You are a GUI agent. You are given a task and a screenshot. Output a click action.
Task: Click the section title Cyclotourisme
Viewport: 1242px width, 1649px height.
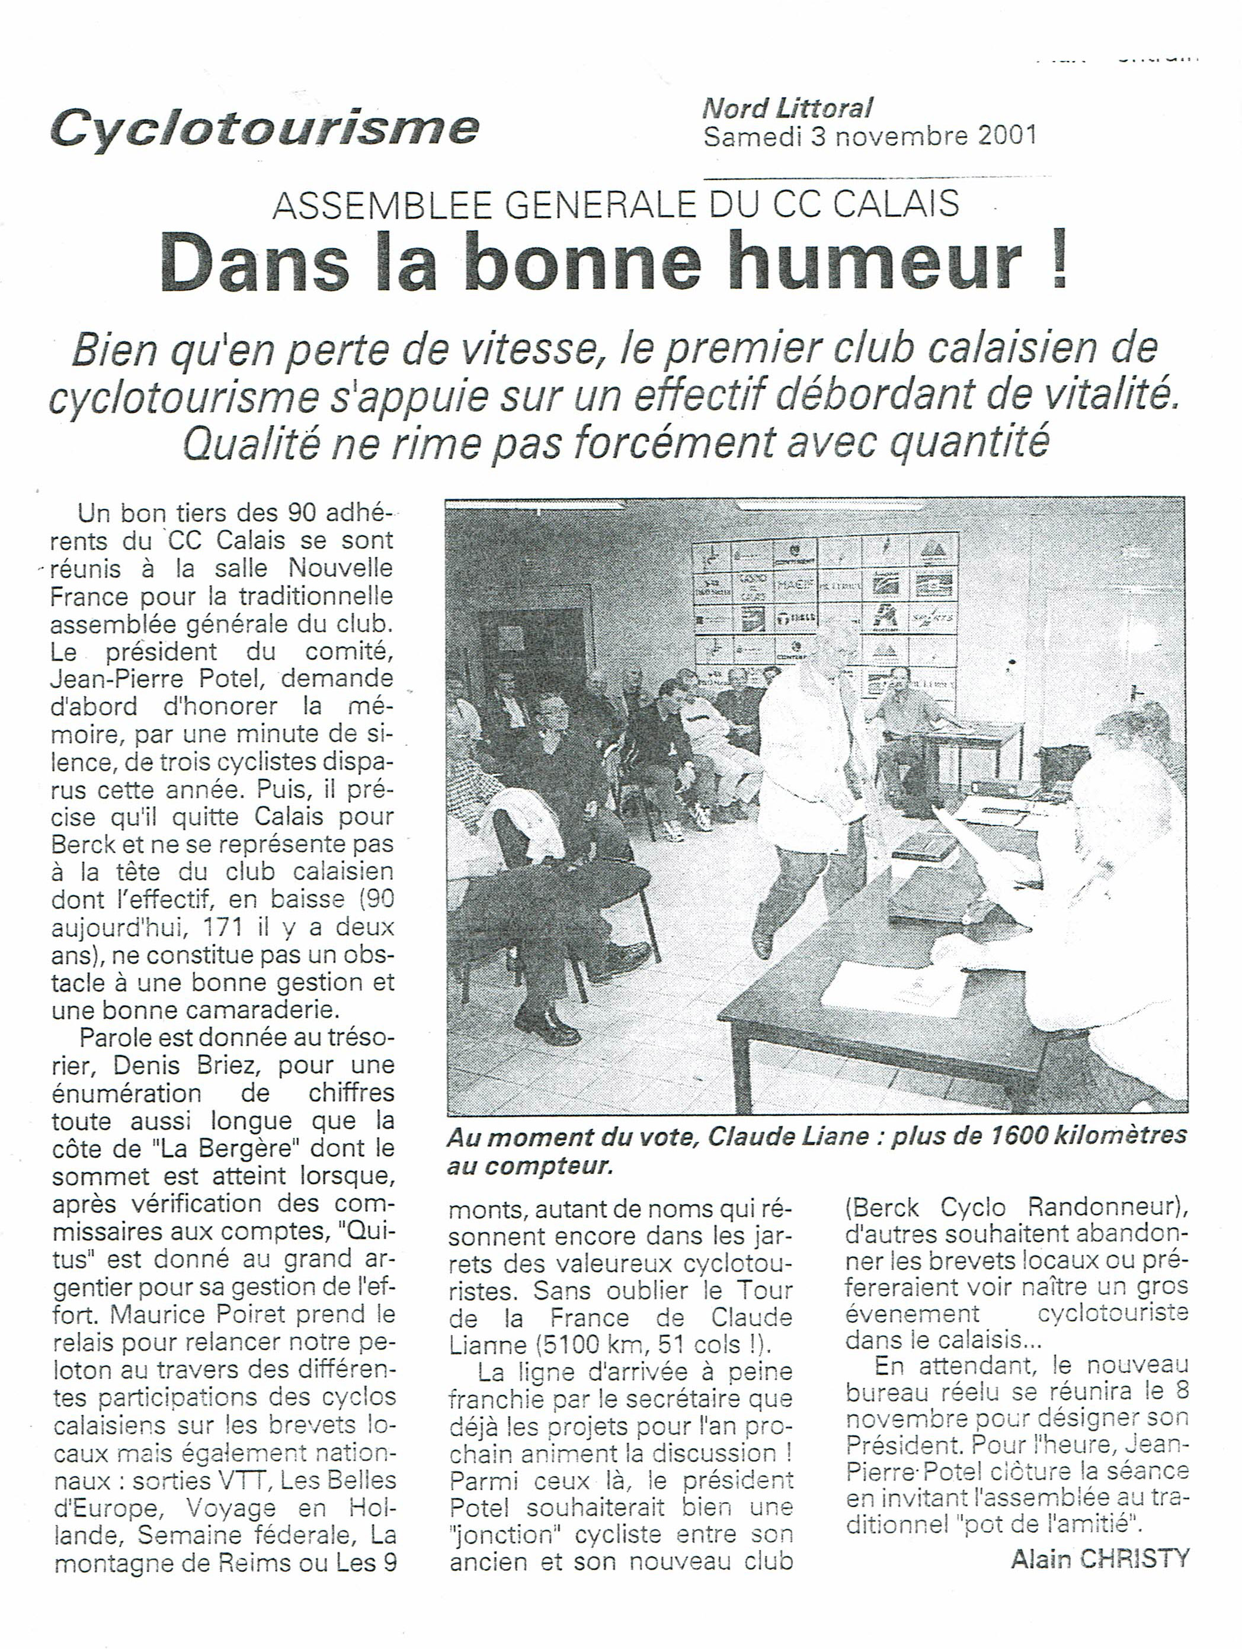tap(265, 128)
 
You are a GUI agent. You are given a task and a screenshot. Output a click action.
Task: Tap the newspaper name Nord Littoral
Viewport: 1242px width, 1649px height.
tap(786, 109)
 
